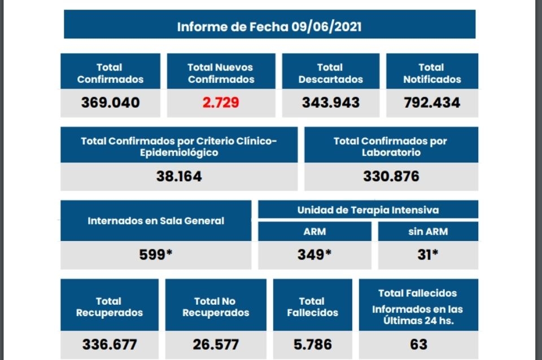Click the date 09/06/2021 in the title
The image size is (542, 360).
(327, 27)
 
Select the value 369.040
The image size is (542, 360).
(110, 102)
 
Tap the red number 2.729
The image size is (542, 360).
(221, 102)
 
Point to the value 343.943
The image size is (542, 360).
(330, 102)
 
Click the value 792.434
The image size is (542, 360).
(432, 102)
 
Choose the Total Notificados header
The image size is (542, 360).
(432, 73)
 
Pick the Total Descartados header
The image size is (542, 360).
(330, 73)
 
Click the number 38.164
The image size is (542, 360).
(179, 176)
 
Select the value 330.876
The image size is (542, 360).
(391, 176)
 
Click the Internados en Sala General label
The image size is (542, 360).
(156, 221)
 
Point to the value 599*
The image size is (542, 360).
(156, 254)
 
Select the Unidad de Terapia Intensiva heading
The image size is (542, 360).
(368, 210)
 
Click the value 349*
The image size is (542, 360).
(314, 254)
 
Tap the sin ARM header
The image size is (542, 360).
(427, 231)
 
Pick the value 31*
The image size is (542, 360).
(427, 254)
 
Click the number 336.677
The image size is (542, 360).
(110, 344)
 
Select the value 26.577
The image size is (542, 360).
(215, 344)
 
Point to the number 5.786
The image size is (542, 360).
(312, 344)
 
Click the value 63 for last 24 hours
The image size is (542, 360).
(418, 344)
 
